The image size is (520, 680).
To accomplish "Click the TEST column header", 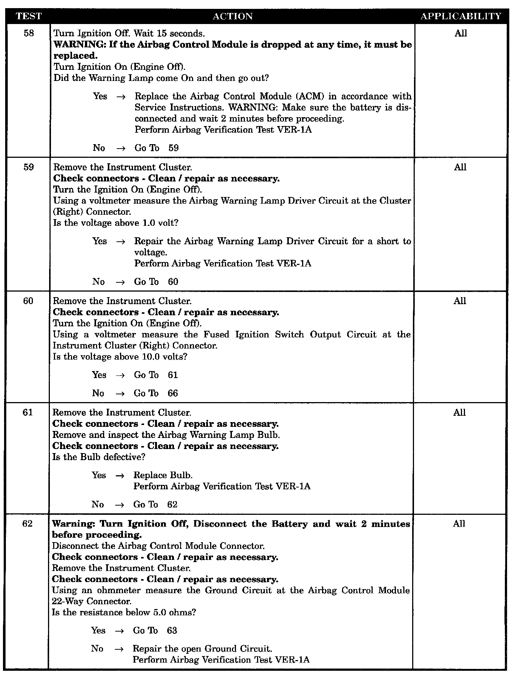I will coord(29,16).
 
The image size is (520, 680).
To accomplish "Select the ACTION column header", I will coord(233,16).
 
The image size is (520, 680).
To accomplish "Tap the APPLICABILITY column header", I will coord(461,16).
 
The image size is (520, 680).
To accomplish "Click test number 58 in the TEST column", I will coord(29,33).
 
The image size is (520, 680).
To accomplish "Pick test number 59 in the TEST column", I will coord(28,167).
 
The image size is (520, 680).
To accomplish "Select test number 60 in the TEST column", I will coord(28,301).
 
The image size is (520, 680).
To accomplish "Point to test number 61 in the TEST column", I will coord(28,412).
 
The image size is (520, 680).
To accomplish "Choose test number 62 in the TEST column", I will coord(27,524).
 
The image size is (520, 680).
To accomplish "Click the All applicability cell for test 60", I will coord(460,301).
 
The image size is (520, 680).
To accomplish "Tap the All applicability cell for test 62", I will coord(459,524).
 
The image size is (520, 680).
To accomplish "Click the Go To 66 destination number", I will coord(173,393).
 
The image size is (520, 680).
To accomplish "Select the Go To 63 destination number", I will coord(172,630).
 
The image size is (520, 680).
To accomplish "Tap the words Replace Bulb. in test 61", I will coord(163,475).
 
